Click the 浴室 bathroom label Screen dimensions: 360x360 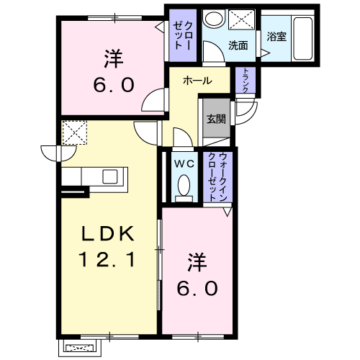coord(276,37)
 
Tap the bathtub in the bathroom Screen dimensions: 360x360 coord(303,38)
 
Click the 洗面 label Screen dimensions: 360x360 coord(238,45)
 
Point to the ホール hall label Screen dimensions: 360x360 coord(197,81)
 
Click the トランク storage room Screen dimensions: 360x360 coord(246,80)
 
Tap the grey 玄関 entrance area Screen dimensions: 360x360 coord(216,118)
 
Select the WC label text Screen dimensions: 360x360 coord(184,163)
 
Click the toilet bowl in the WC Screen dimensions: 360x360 coord(184,185)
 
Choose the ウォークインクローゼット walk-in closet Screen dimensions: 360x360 coord(217,177)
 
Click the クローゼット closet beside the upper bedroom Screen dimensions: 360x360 coord(183,35)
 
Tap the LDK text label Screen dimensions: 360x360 coord(108,234)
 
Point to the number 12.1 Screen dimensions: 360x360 coord(107,259)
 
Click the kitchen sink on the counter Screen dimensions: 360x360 coord(110,176)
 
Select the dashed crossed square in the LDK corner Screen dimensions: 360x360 coord(74,132)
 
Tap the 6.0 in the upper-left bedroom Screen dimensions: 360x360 coord(114,85)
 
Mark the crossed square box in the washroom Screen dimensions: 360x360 coord(241,19)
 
